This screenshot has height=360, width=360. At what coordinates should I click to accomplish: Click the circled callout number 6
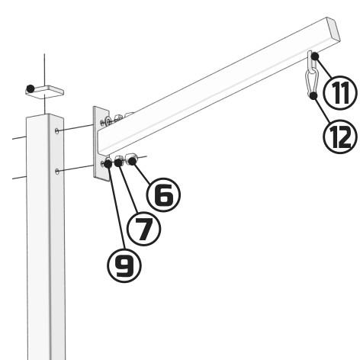pyautogui.click(x=164, y=194)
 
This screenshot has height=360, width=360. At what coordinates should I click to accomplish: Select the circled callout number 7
pyautogui.click(x=143, y=229)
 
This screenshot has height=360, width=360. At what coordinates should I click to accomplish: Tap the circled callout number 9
pyautogui.click(x=124, y=265)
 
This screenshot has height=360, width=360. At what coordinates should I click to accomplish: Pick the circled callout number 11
pyautogui.click(x=340, y=93)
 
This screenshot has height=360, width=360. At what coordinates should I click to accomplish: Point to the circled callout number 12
pyautogui.click(x=340, y=136)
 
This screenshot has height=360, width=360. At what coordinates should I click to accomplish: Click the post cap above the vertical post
pyautogui.click(x=44, y=91)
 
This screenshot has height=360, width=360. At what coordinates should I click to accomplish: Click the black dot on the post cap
pyautogui.click(x=31, y=88)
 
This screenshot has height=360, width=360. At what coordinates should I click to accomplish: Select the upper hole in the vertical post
pyautogui.click(x=57, y=131)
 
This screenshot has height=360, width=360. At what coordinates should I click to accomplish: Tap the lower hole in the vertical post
pyautogui.click(x=57, y=172)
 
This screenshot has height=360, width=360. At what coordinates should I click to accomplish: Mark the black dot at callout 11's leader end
pyautogui.click(x=315, y=56)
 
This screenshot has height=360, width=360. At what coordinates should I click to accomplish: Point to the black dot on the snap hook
pyautogui.click(x=314, y=95)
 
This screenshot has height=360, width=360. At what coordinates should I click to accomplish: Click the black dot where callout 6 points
pyautogui.click(x=132, y=161)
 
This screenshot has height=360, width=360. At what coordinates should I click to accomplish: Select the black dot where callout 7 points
pyautogui.click(x=118, y=162)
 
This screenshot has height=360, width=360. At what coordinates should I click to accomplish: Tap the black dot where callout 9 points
pyautogui.click(x=108, y=163)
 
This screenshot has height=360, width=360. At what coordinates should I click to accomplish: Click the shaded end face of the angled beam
pyautogui.click(x=333, y=29)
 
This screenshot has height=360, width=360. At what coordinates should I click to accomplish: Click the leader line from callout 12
pyautogui.click(x=323, y=110)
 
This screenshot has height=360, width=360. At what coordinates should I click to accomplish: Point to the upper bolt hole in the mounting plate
pyautogui.click(x=102, y=123)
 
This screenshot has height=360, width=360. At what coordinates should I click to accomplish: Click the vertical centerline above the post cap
pyautogui.click(x=45, y=70)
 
